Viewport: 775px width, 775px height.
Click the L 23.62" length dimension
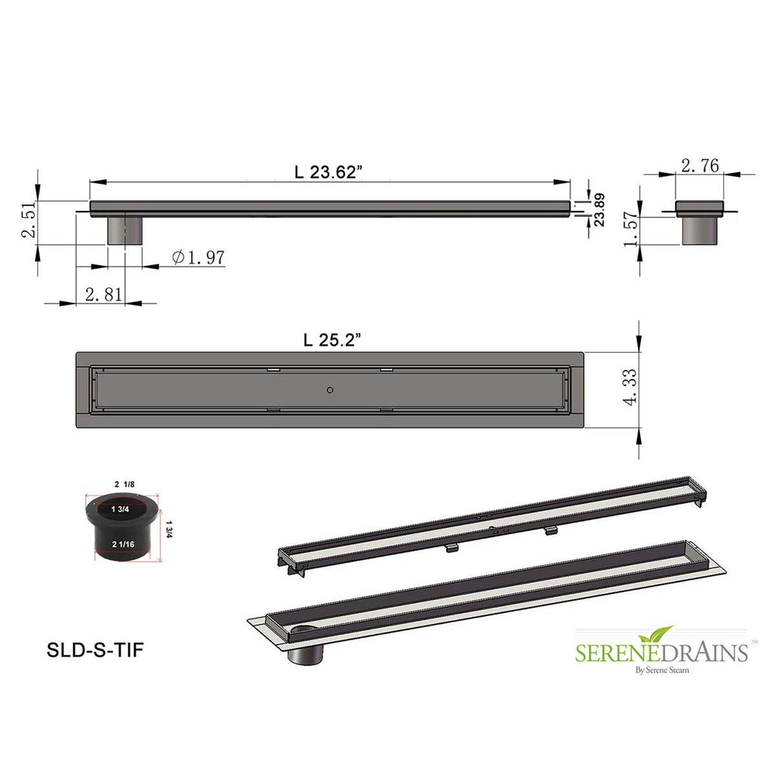[329, 173]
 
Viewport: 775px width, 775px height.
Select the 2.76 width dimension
[700, 164]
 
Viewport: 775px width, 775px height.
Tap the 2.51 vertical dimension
[27, 222]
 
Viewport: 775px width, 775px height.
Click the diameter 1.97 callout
[198, 257]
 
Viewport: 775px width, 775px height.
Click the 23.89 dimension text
[599, 209]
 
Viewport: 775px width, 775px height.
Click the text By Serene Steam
[661, 669]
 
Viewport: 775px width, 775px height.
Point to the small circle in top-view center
[331, 389]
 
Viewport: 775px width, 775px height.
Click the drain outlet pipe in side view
[125, 230]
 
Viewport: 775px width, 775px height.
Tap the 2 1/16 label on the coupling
[121, 545]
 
